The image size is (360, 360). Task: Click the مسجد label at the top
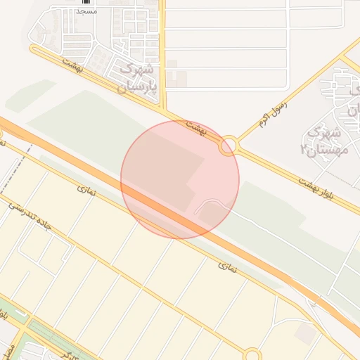pos(85,13)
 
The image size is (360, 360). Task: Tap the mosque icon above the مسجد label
pos(85,3)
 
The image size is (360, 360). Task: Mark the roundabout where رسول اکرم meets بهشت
pos(229,146)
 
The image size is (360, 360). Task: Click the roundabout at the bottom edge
pos(253,355)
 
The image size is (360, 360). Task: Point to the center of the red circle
pos(180,179)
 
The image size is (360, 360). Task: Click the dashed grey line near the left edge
pos(27,156)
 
